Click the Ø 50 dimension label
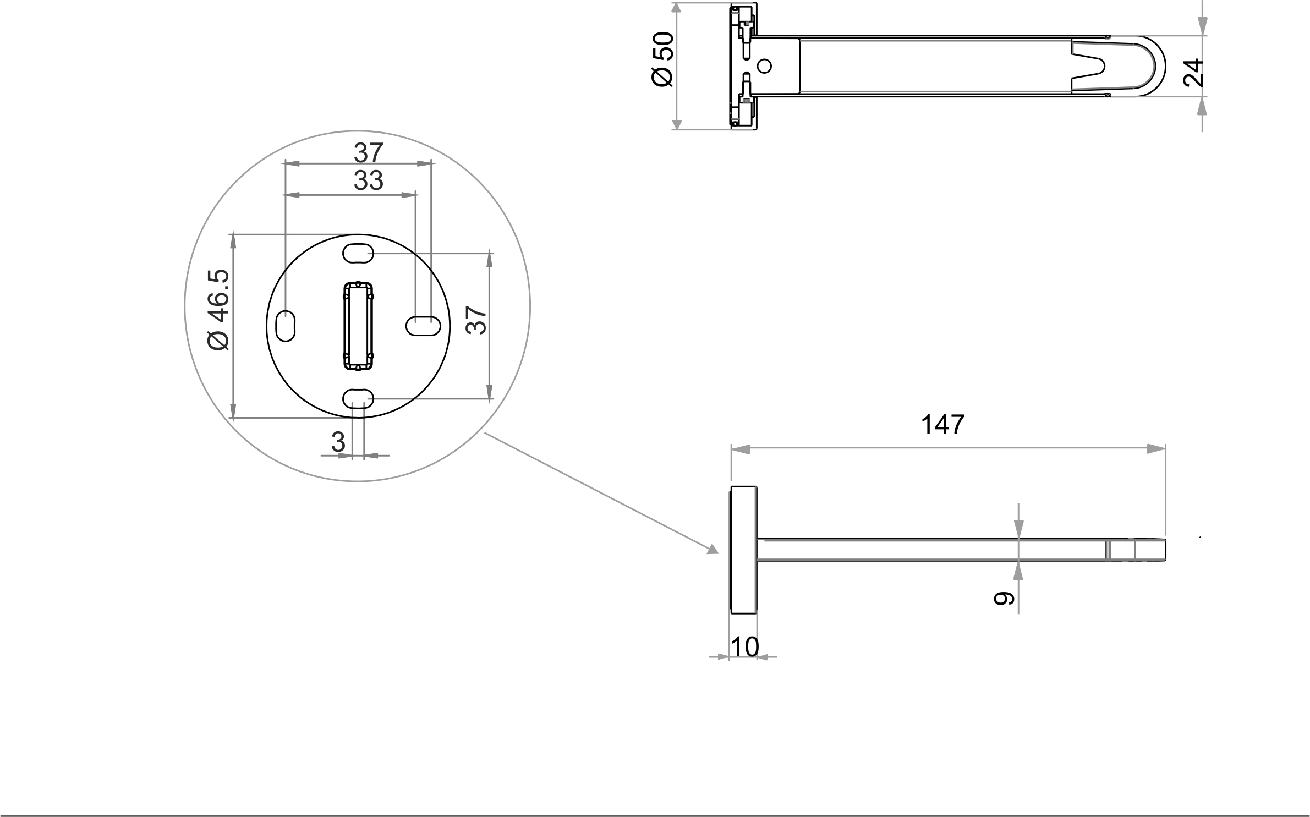click(662, 59)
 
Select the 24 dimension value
click(1193, 72)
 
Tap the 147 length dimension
click(942, 425)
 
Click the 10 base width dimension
click(744, 647)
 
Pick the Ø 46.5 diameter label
click(218, 309)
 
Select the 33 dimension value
click(368, 180)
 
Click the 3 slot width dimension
click(338, 441)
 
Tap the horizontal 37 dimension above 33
click(368, 153)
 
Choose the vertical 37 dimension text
click(476, 320)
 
